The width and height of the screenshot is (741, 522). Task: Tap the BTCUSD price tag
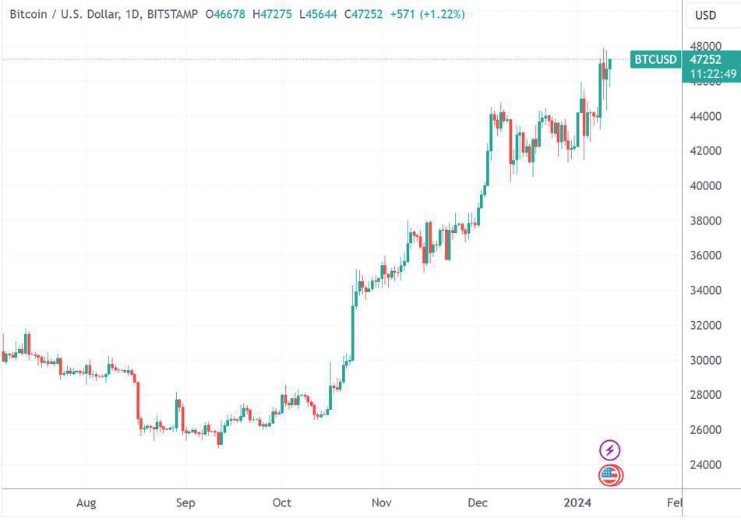point(655,59)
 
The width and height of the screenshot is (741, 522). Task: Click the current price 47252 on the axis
point(705,59)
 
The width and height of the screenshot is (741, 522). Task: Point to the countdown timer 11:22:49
point(713,74)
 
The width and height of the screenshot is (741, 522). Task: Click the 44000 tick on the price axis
point(705,116)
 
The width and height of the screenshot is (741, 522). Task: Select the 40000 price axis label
point(705,185)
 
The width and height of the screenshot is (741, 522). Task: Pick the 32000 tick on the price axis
point(705,325)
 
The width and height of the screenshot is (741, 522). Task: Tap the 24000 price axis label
point(705,464)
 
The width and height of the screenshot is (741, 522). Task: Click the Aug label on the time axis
point(86,503)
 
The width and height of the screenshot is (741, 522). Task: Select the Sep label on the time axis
point(185,503)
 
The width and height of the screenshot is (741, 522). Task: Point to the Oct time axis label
point(282,503)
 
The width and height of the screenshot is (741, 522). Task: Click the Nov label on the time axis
point(381,503)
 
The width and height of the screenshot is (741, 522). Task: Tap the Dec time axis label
point(477,503)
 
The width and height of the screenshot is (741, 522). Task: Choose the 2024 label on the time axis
point(577,503)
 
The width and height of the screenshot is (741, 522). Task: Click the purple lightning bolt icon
point(610,450)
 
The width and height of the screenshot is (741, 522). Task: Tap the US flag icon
point(610,474)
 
